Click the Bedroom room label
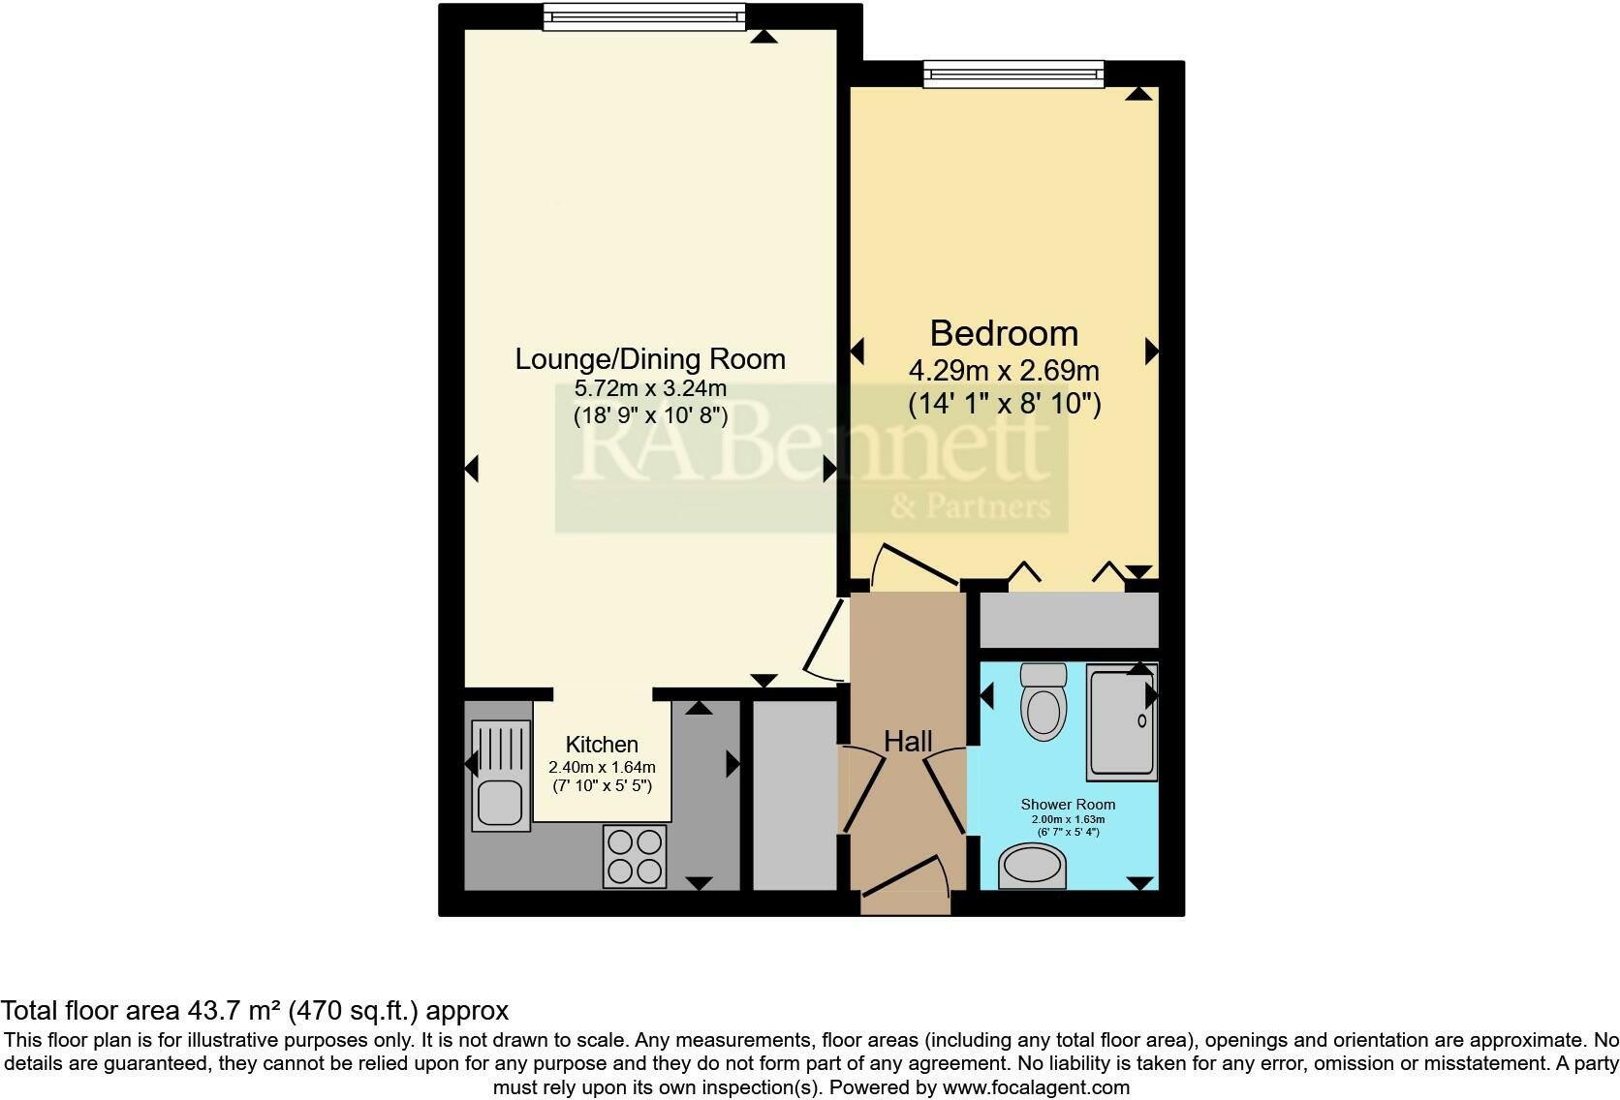pyautogui.click(x=1004, y=333)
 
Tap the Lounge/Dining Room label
pyautogui.click(x=649, y=359)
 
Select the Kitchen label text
pyautogui.click(x=602, y=745)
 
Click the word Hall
pyautogui.click(x=908, y=742)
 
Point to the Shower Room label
pyautogui.click(x=1068, y=805)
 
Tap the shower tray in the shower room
pyautogui.click(x=1121, y=721)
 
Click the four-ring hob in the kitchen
pyautogui.click(x=635, y=855)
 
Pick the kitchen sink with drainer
pyautogui.click(x=501, y=776)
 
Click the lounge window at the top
pyautogui.click(x=644, y=16)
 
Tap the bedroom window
pyautogui.click(x=1012, y=74)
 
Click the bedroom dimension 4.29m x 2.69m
pyautogui.click(x=1004, y=371)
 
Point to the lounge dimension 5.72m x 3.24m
pyautogui.click(x=650, y=389)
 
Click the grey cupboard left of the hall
pyautogui.click(x=794, y=795)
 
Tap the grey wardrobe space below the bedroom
pyautogui.click(x=1069, y=620)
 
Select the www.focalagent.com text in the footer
pyautogui.click(x=1036, y=1087)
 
